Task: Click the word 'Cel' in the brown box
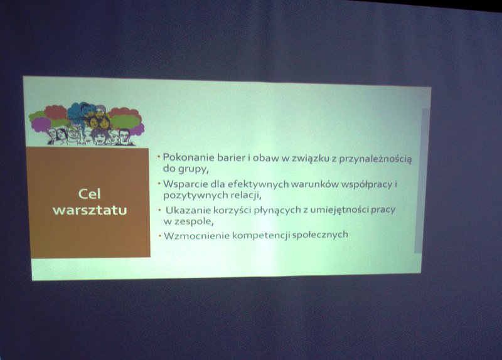90,194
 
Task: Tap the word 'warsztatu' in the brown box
90,210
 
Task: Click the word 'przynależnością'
375,159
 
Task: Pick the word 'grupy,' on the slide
194,169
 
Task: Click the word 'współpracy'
367,184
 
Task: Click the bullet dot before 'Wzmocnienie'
160,236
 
